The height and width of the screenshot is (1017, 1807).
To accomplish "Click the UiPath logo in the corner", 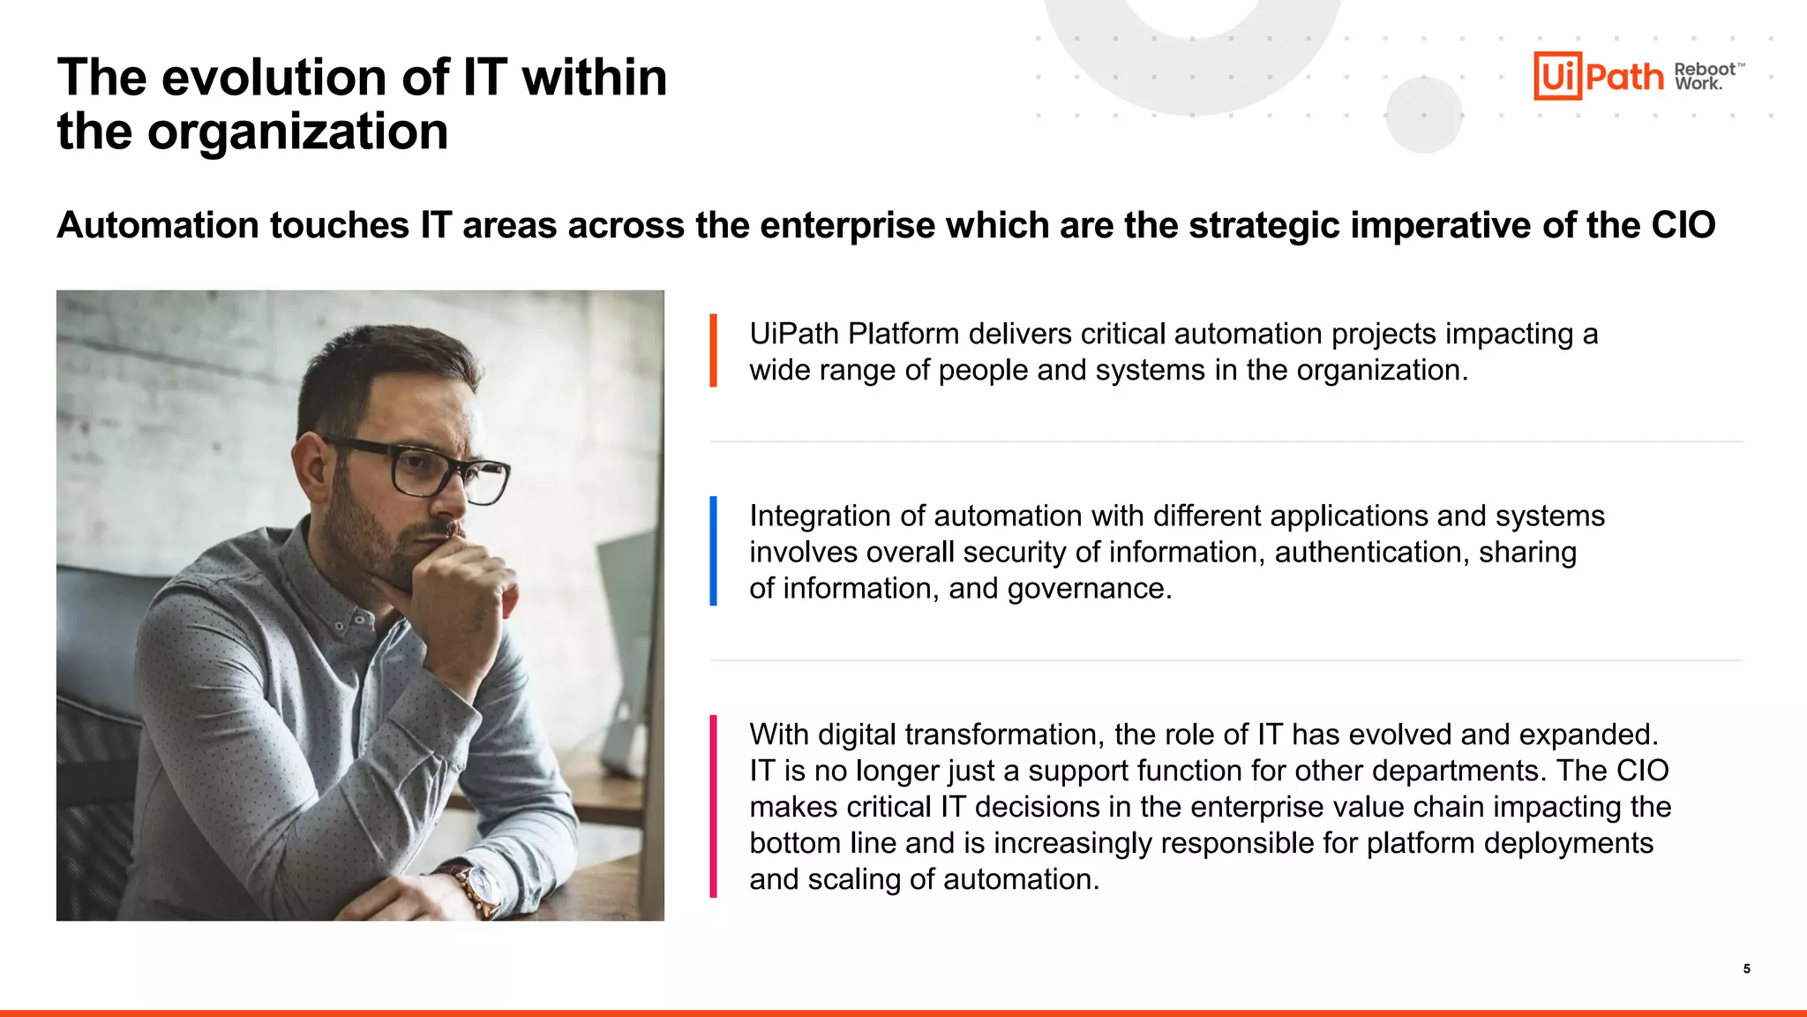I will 1598,76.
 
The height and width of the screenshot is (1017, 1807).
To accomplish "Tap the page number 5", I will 1746,968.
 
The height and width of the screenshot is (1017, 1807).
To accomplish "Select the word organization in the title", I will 297,132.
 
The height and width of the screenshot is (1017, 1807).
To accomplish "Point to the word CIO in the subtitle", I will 1683,225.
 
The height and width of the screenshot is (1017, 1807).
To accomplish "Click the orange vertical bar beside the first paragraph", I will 713,350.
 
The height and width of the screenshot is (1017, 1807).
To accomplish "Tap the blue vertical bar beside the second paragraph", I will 713,551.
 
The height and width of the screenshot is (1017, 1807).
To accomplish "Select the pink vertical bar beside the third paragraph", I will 713,806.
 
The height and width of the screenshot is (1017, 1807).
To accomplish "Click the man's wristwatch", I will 476,887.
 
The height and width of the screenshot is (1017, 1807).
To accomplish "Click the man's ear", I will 310,459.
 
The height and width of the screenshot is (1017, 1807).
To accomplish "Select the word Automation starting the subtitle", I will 158,225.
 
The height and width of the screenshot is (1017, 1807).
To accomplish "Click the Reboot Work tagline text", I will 1706,76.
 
